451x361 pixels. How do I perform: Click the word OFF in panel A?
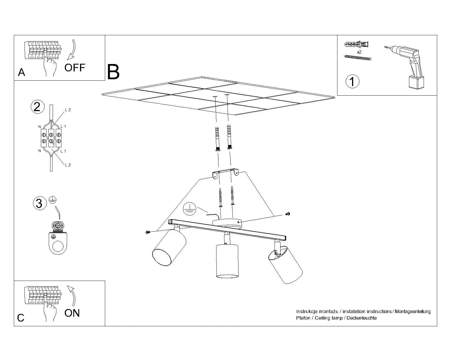point(75,68)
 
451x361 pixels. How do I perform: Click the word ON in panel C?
point(72,313)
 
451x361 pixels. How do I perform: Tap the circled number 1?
point(352,81)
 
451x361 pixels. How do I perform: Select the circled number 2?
point(37,107)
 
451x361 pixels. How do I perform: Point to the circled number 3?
point(39,203)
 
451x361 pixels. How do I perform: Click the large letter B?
point(113,72)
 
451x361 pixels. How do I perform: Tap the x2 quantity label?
point(359,52)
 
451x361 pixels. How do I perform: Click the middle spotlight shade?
point(227,261)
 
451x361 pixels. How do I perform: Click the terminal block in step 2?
point(51,138)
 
